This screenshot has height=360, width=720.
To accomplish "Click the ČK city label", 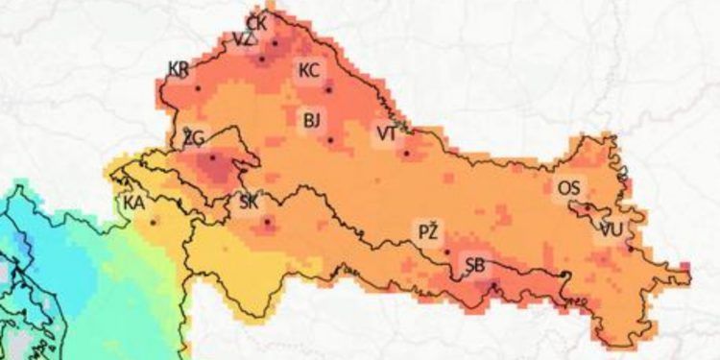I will pos(256,22).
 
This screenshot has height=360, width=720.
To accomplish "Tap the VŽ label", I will pos(243,39).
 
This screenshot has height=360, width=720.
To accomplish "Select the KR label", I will pos(178,68).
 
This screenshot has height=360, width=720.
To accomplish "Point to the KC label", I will pos(309,70).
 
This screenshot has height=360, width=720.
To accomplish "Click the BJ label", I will pos(311,120).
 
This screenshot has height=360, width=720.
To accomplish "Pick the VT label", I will pos(386,132).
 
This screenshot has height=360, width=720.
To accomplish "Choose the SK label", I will pos(248,202).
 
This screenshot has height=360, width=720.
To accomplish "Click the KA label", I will pos(133,203).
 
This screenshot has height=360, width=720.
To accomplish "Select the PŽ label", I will pos(428,231).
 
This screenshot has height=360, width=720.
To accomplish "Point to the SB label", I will pos(474,266).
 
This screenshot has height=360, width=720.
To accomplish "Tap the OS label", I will pos(567,189).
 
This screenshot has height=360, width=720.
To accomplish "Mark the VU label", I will pos(610,229).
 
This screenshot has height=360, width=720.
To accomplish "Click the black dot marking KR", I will pos(198,87).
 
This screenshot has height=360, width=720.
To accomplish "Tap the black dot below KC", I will pos(328,90).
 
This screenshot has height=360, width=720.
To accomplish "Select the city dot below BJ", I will pos(330,140).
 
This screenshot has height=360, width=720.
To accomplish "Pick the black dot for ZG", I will pos(212,156).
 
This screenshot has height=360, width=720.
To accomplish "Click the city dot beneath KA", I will pos(153,222).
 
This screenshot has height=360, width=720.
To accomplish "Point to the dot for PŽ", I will pos(447,252).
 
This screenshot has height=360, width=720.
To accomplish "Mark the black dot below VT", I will pos(406,153).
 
